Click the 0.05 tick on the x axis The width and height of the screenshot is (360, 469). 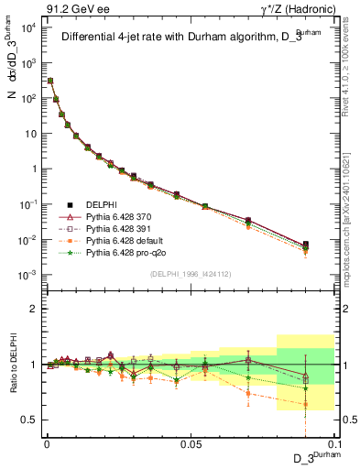pyautogui.click(x=191, y=442)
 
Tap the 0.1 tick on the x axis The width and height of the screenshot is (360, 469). pyautogui.click(x=333, y=442)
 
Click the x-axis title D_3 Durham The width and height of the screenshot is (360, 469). pyautogui.click(x=311, y=458)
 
